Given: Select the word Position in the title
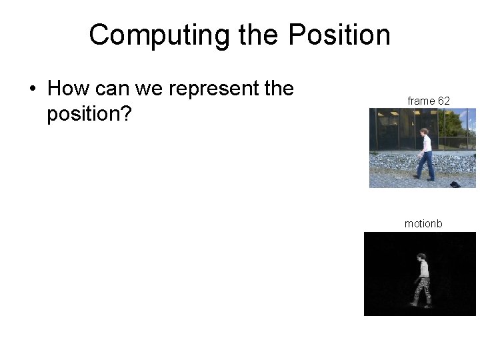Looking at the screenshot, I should pyautogui.click(x=340, y=35).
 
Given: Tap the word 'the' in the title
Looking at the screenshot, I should pyautogui.click(x=261, y=35).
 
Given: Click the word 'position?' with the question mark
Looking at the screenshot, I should pyautogui.click(x=89, y=113).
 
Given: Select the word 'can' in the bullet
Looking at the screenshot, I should pyautogui.click(x=115, y=88).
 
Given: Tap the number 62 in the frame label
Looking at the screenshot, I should pyautogui.click(x=443, y=101).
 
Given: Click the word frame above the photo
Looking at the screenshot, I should pyautogui.click(x=421, y=101).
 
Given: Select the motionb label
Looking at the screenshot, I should pyautogui.click(x=423, y=224).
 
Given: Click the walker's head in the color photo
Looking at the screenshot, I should pyautogui.click(x=424, y=132).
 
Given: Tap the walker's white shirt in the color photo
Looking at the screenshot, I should pyautogui.click(x=425, y=144).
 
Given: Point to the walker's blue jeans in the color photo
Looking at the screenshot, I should pyautogui.click(x=425, y=164).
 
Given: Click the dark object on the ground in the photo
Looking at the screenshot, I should pyautogui.click(x=455, y=183).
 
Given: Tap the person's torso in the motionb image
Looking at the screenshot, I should pyautogui.click(x=423, y=269).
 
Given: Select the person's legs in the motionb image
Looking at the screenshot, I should pyautogui.click(x=422, y=292).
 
